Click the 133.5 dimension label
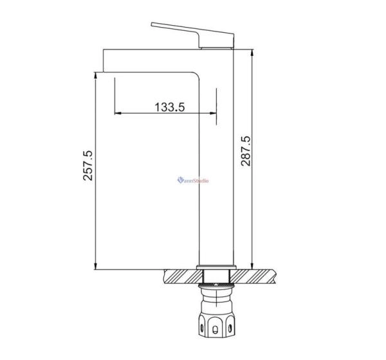pos(170,107)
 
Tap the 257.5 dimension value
pos(87,165)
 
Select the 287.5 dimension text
pos(246,150)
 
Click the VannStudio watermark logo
pos(193,181)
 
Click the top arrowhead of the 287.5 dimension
pos(252,53)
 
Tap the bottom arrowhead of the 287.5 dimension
pos(252,266)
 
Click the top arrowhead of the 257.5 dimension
pos(95,75)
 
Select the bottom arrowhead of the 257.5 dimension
pos(95,266)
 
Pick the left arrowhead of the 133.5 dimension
pos(118,113)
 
